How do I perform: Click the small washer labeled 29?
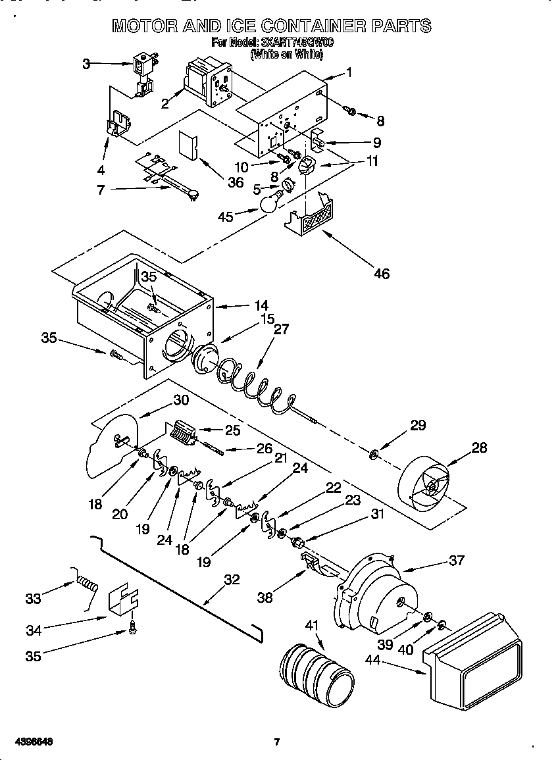coord(373,453)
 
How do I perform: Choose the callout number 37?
coord(456,560)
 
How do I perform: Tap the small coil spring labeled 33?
coord(87,583)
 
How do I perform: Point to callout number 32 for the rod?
coord(232,580)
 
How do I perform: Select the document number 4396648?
coord(32,742)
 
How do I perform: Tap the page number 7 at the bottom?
coord(277,742)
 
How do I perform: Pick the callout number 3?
coord(86,64)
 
